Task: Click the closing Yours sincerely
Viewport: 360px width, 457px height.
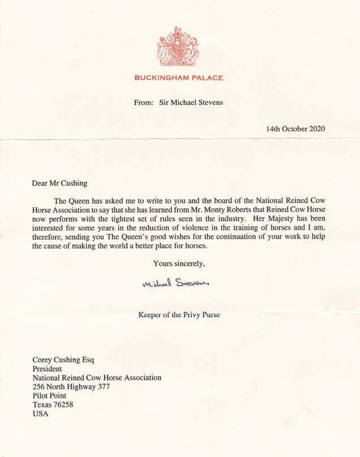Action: coord(179,263)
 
